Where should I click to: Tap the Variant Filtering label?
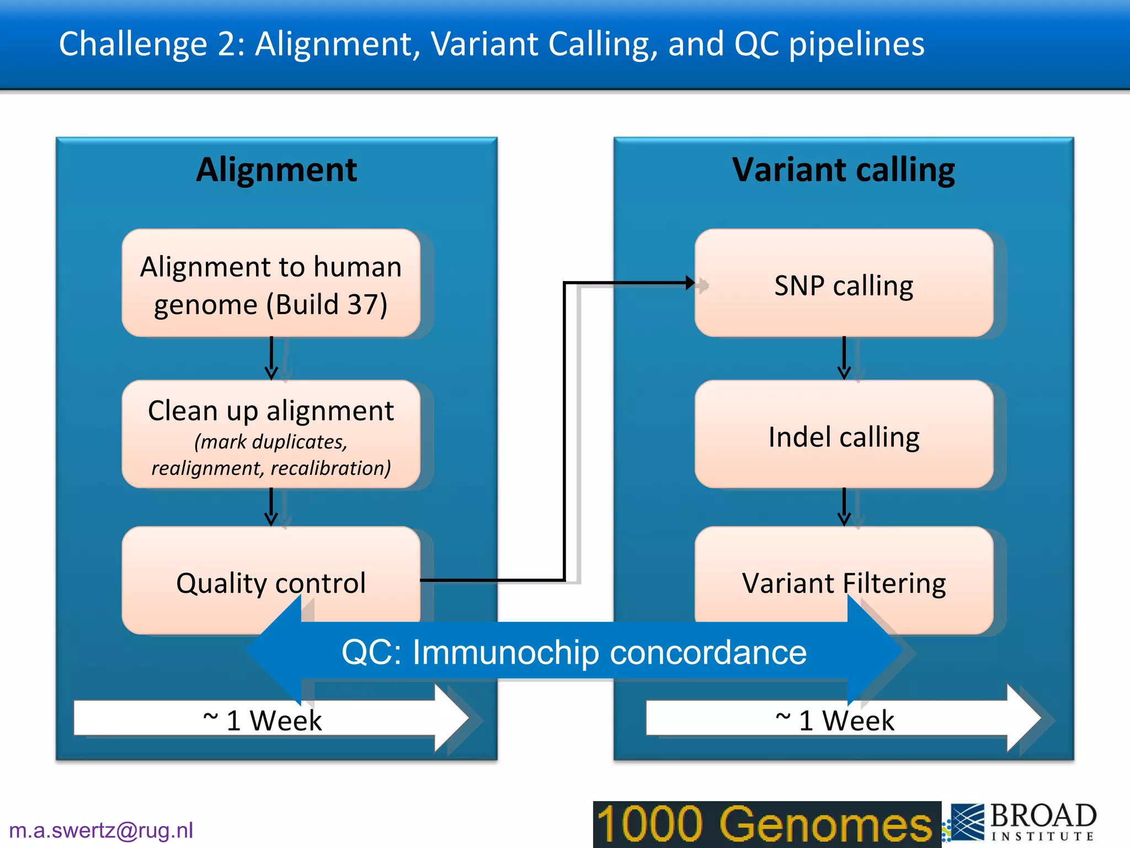point(843,583)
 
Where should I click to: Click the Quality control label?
point(270,583)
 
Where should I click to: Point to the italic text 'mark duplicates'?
point(270,442)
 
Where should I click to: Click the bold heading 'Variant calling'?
point(843,169)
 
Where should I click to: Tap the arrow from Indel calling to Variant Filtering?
point(844,507)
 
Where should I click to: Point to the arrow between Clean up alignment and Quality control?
point(271,507)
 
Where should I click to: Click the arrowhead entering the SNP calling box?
point(690,283)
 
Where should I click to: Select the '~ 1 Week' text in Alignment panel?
point(263,720)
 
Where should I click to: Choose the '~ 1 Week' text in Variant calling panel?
point(835,720)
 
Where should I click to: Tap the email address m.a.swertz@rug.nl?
point(101,830)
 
